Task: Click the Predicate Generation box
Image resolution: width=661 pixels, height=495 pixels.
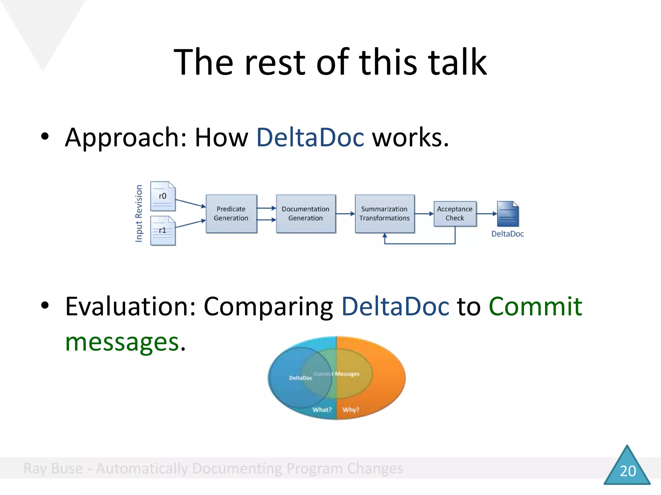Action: tap(231, 213)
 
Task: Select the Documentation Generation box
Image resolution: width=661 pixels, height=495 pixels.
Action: tap(305, 213)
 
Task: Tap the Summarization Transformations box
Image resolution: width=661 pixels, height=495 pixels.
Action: tap(384, 213)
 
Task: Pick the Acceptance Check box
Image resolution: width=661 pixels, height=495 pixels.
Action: tap(454, 213)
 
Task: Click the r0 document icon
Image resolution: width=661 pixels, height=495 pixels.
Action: tap(163, 196)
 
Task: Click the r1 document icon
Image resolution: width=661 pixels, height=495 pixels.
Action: tap(163, 230)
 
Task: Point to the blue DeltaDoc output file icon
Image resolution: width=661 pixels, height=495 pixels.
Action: tap(508, 214)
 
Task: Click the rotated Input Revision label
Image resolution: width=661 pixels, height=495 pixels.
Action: tap(139, 213)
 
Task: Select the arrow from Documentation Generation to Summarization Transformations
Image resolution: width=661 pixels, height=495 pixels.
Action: tap(345, 213)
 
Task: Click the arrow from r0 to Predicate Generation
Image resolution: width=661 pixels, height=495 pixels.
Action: tap(190, 203)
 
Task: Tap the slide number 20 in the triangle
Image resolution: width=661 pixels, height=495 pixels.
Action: tap(628, 471)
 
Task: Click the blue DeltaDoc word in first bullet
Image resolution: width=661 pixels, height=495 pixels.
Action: tap(310, 137)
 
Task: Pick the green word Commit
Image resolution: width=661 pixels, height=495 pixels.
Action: tap(535, 306)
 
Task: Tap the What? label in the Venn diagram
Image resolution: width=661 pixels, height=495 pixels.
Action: tap(322, 410)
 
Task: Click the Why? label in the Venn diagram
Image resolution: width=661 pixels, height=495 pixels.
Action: tap(351, 410)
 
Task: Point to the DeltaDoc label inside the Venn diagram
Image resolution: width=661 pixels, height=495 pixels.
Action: tap(300, 378)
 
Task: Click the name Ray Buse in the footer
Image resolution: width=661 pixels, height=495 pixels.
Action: tap(53, 468)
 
